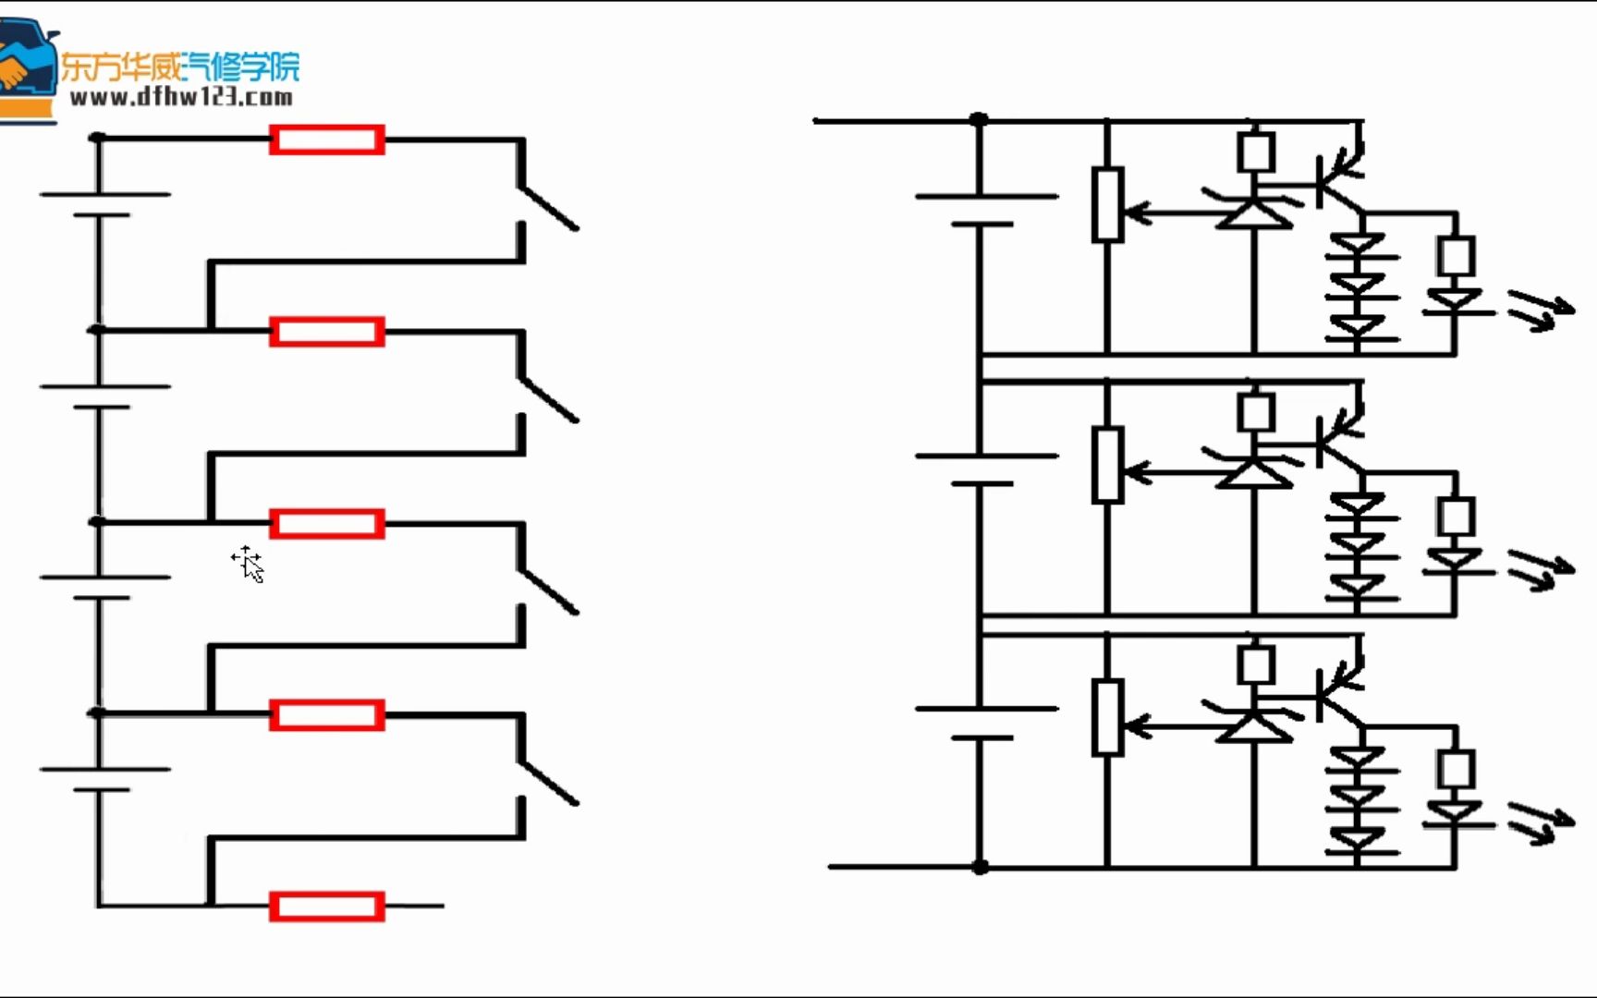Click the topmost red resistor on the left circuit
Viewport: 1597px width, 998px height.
click(x=327, y=140)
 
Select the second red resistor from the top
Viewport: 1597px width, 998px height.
click(x=327, y=332)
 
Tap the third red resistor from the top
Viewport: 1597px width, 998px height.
click(x=327, y=524)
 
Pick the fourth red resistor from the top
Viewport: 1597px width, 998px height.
click(x=327, y=715)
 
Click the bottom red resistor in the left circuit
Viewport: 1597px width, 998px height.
click(x=327, y=907)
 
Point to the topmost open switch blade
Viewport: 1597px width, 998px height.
click(x=548, y=208)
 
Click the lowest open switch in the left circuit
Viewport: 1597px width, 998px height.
click(x=548, y=783)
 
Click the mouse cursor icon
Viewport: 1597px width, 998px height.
click(x=248, y=564)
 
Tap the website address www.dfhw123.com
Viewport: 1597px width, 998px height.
click(x=181, y=97)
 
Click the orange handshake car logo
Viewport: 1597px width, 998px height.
click(x=26, y=65)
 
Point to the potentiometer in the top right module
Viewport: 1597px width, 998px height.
click(x=1107, y=205)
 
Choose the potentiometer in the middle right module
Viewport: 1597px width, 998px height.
click(x=1107, y=465)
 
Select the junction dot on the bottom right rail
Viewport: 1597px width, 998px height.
click(x=981, y=867)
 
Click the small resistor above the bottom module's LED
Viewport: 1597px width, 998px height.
click(x=1456, y=768)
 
